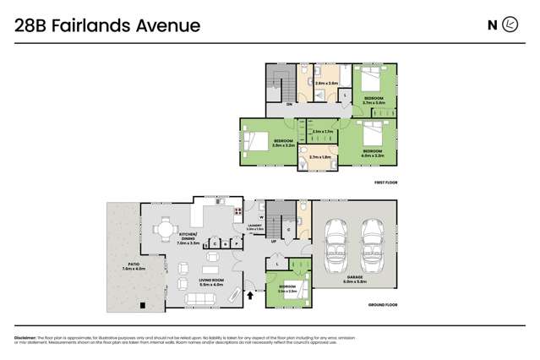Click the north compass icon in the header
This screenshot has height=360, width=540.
(510, 25)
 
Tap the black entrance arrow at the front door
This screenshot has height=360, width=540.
(250, 295)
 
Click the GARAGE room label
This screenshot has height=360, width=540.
(356, 277)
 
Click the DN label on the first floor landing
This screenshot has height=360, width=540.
(289, 104)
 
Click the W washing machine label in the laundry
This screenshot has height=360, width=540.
(262, 218)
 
